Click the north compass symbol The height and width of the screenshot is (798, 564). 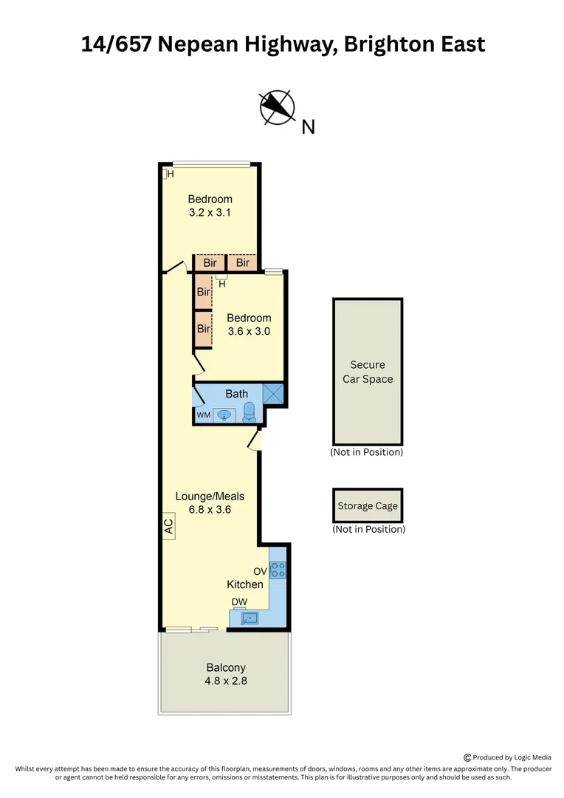(x=278, y=107)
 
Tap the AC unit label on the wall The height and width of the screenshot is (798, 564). (x=168, y=527)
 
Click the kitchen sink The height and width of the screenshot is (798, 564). (x=250, y=618)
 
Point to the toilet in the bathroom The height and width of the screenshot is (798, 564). (x=249, y=412)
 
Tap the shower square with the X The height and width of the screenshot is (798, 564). (x=273, y=394)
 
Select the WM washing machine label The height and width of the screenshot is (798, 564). (x=203, y=416)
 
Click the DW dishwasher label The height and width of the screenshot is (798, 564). (x=238, y=602)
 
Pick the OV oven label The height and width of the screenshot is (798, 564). (x=260, y=571)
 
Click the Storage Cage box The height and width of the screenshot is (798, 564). (x=368, y=506)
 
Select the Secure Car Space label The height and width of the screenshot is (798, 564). (x=368, y=372)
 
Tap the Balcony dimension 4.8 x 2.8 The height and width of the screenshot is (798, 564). (x=226, y=681)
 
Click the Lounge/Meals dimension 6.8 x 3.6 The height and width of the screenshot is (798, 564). (x=210, y=509)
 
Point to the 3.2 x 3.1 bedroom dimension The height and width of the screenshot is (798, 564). (x=210, y=212)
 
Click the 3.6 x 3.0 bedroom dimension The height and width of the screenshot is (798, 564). (x=249, y=331)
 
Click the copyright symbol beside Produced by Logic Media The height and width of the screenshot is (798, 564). (x=467, y=757)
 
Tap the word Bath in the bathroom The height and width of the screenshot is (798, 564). (x=236, y=394)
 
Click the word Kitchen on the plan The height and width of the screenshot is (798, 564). (x=244, y=584)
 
